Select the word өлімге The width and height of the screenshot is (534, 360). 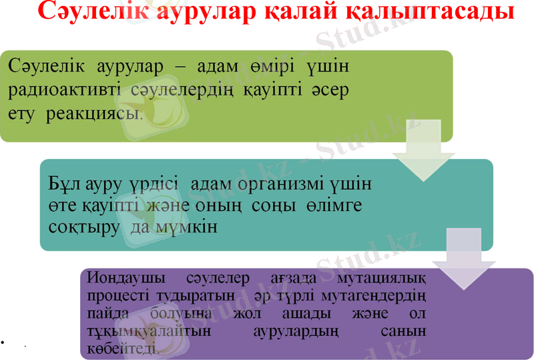(x=331, y=205)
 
